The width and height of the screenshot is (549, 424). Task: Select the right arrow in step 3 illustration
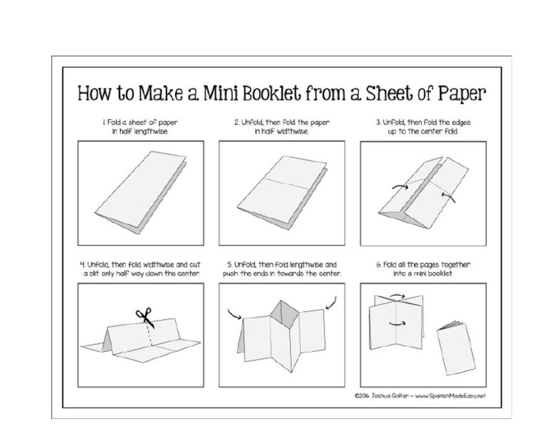pos(448,193)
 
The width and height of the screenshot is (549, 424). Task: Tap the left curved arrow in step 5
pos(235,312)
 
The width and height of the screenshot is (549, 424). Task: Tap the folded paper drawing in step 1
pos(140,188)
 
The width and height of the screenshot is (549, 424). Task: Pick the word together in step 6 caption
pos(447,264)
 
